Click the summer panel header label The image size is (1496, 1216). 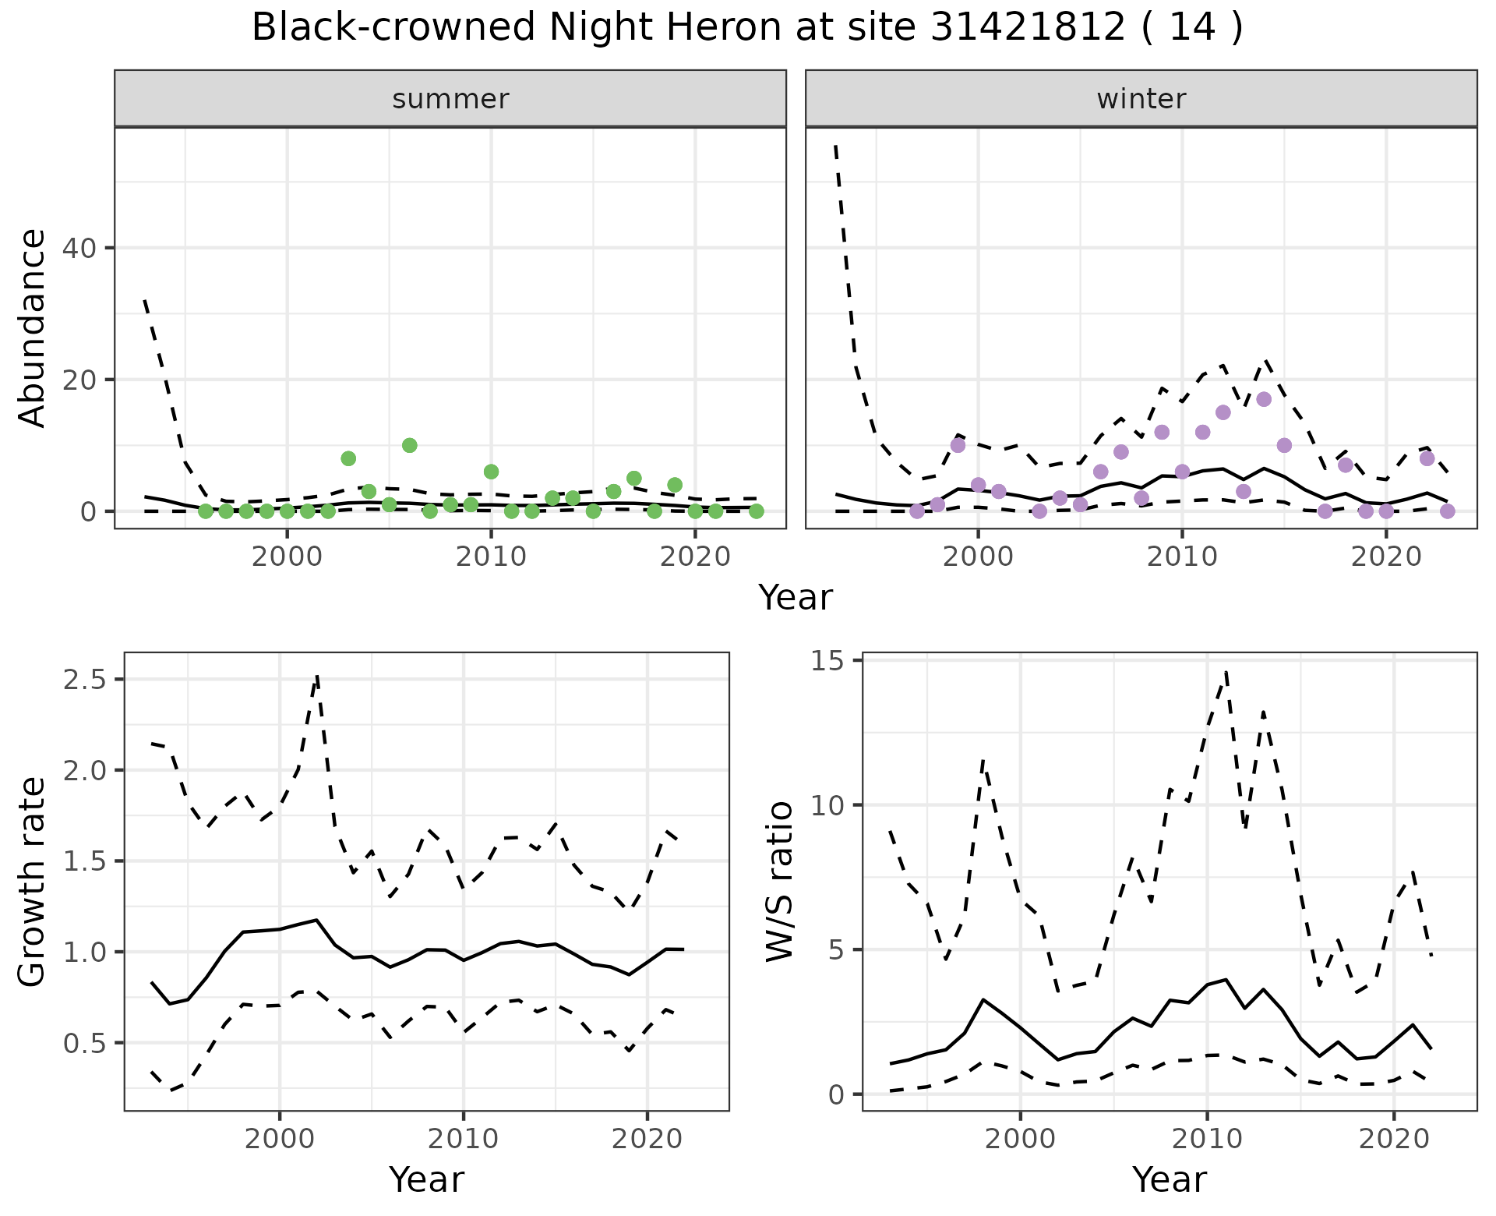[x=450, y=99]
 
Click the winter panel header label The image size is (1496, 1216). [x=1141, y=99]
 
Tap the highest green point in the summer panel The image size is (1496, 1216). [x=410, y=445]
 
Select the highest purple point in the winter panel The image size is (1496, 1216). [x=1264, y=399]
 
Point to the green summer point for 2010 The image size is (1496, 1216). [x=491, y=472]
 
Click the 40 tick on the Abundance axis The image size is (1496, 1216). [x=83, y=248]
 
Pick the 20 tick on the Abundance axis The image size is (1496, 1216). [x=83, y=380]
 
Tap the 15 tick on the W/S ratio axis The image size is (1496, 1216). [x=831, y=660]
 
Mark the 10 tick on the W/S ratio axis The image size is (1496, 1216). [x=831, y=805]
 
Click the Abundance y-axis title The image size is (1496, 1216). [x=33, y=327]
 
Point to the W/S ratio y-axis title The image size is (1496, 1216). [x=779, y=881]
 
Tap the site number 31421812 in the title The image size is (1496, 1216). [x=1028, y=28]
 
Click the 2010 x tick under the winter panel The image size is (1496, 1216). [x=1182, y=557]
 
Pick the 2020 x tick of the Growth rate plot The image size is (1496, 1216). [x=647, y=1139]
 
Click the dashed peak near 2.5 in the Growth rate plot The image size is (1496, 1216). [x=317, y=676]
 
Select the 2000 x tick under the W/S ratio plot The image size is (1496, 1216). [x=1020, y=1139]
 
